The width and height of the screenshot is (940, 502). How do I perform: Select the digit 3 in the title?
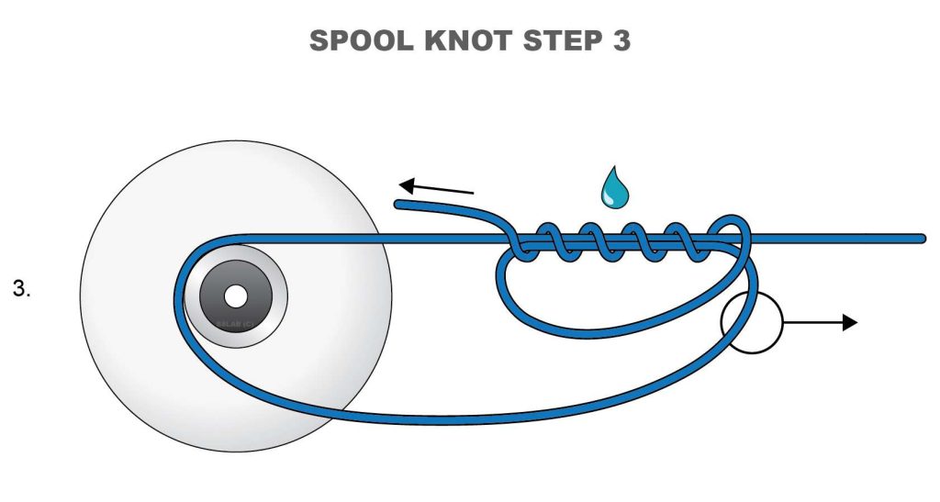tap(619, 41)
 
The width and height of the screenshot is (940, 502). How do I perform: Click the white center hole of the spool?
tap(235, 296)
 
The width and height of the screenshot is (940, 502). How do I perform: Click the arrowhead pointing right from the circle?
tap(849, 322)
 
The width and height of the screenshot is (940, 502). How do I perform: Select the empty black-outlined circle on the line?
tap(751, 322)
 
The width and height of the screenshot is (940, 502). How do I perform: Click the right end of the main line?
tap(921, 239)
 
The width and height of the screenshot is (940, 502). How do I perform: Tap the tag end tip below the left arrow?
tap(400, 204)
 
